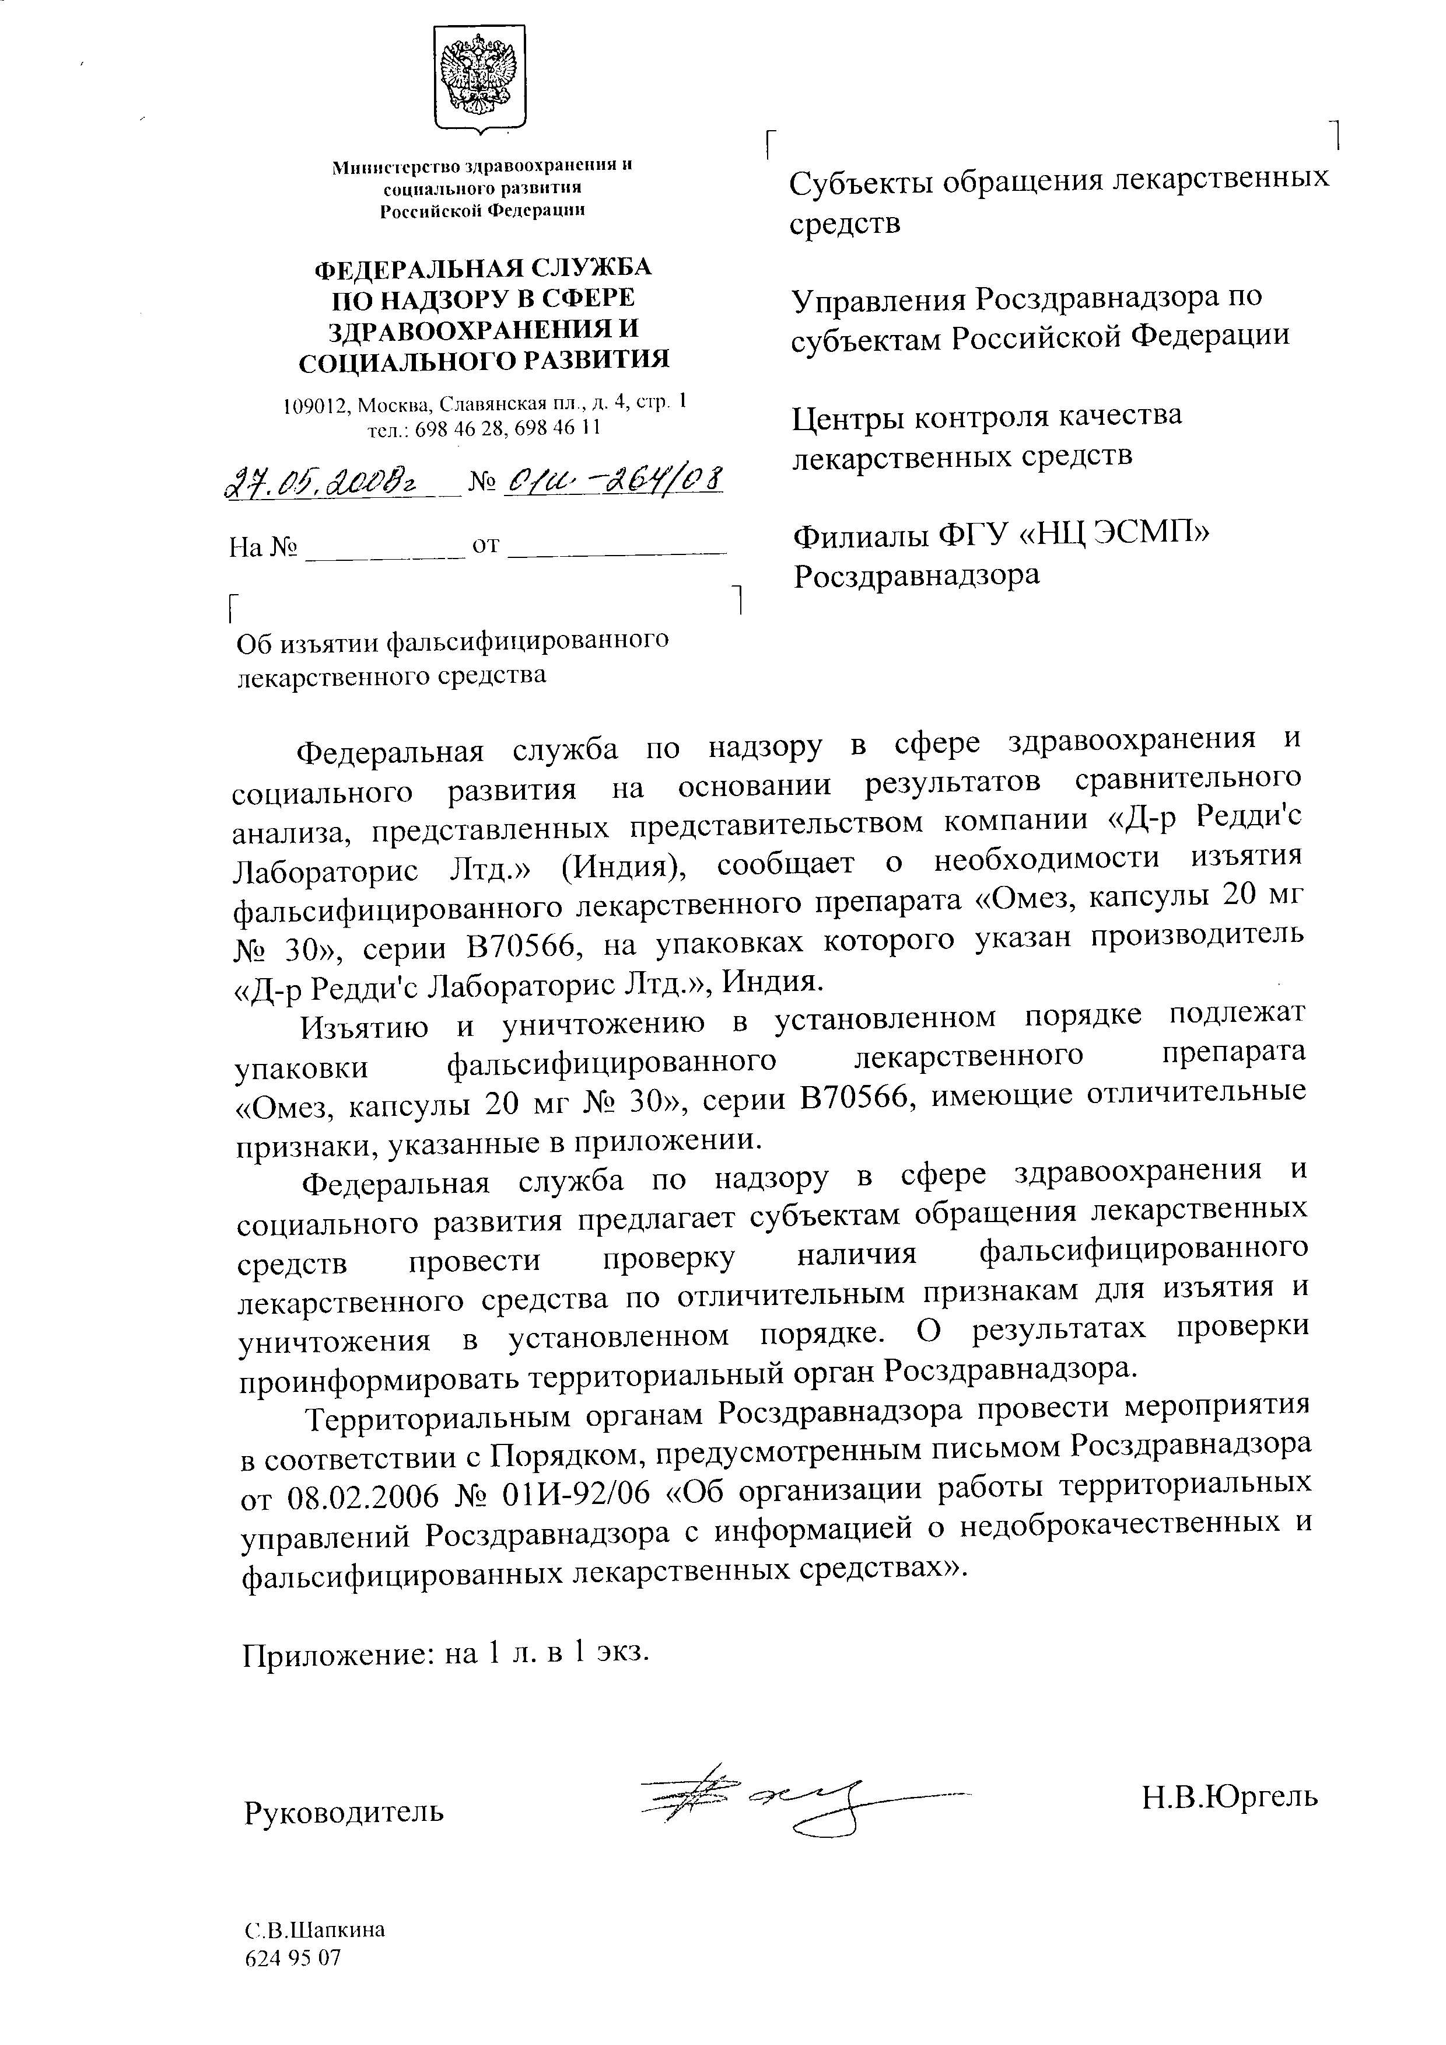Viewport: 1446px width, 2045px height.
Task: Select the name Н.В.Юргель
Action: pos(1230,1796)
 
